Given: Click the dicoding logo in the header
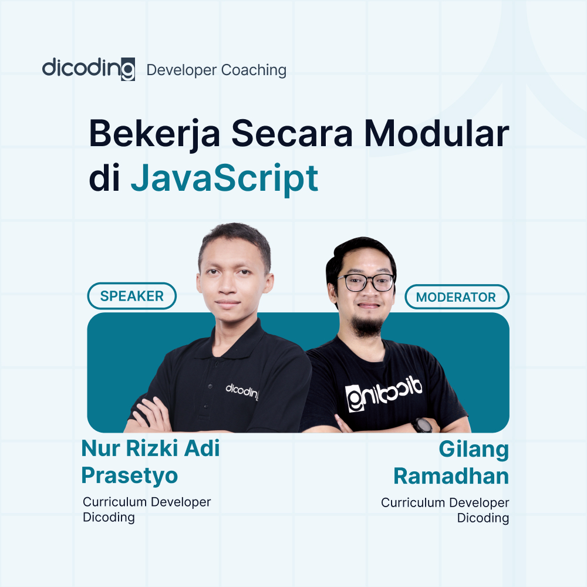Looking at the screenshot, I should coord(88,69).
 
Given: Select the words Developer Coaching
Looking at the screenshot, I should coord(216,70).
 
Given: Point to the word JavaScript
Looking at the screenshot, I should coord(224,179).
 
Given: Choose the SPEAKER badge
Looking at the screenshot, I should coord(132,296).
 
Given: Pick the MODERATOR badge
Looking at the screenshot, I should coord(456,297).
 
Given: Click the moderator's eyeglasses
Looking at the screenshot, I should coord(366,282).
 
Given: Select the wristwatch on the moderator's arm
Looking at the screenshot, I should coord(422,425).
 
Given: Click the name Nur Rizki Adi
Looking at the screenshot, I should coord(150,449).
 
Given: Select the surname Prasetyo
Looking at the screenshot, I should coord(130,475).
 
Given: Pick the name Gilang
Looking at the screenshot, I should coord(474,450).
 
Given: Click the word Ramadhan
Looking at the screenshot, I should coord(451,476).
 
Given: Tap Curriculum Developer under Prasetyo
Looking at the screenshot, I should coord(147,502).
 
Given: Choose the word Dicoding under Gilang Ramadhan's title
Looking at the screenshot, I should coord(483,518).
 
